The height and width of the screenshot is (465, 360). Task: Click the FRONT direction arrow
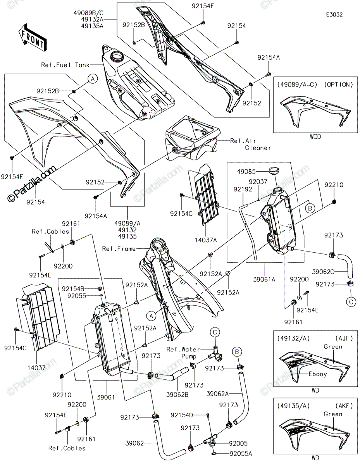point(33,38)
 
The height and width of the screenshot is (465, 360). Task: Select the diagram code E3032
point(334,15)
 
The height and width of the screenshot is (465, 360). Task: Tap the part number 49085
point(246,171)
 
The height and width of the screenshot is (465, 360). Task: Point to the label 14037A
point(205,240)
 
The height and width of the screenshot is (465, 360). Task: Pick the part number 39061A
point(264,279)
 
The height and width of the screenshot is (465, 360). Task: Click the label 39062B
point(177,394)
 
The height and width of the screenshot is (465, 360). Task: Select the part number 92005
point(238,443)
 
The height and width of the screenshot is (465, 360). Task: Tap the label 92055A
point(241,453)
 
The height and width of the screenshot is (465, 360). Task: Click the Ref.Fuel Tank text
point(65,65)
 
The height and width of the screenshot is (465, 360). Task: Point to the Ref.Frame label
point(119,249)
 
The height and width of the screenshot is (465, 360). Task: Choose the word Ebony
point(318,374)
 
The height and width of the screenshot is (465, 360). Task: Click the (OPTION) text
point(338,85)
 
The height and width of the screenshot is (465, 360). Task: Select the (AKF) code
point(344,406)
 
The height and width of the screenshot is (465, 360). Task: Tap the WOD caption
point(315,136)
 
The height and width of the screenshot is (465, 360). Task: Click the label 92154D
point(182,415)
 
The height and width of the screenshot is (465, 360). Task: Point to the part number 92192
point(243,189)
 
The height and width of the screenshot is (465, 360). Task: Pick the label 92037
point(258,182)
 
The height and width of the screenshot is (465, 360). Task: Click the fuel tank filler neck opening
point(117,57)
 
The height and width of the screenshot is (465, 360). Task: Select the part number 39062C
point(323,272)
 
